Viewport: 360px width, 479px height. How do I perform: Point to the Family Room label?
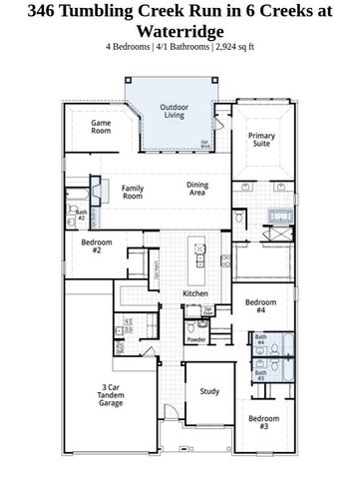tap(133, 193)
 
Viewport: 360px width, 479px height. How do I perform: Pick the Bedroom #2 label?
tap(97, 246)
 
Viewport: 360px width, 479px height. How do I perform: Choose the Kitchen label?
tap(195, 293)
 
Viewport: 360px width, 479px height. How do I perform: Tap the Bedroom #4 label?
tap(260, 305)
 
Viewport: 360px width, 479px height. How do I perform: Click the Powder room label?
tap(196, 339)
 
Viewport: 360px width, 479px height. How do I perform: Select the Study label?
tap(208, 392)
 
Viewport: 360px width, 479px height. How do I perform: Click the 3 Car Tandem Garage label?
tap(111, 395)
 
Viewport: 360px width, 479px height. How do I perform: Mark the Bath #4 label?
tap(260, 340)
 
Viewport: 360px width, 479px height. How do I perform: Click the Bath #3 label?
tap(260, 376)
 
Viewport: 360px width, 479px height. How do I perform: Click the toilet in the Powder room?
tap(205, 322)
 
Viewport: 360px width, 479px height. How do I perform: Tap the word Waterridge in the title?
tap(180, 31)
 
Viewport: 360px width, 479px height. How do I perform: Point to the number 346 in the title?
tap(22, 12)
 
